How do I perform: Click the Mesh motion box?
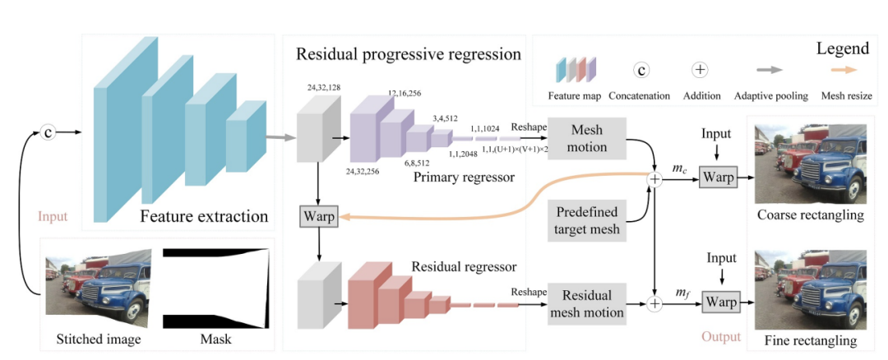pyautogui.click(x=586, y=141)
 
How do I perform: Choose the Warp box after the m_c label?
pyautogui.click(x=717, y=176)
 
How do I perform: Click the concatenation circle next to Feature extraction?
pyautogui.click(x=49, y=132)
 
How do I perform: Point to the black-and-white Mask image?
pyautogui.click(x=215, y=287)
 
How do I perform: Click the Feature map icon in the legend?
pyautogui.click(x=575, y=71)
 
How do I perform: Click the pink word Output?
pyautogui.click(x=722, y=337)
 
